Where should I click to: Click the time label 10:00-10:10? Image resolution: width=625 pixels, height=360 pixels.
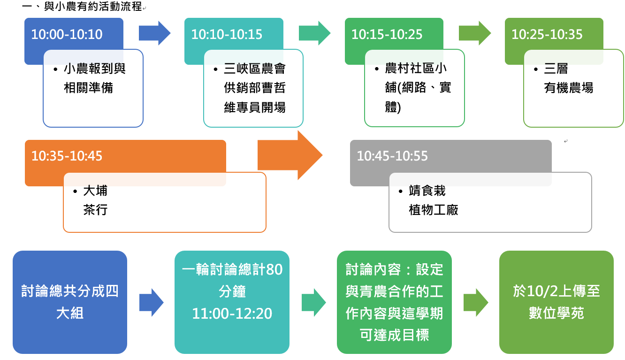click(x=67, y=34)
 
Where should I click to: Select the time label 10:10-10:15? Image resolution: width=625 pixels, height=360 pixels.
click(x=227, y=34)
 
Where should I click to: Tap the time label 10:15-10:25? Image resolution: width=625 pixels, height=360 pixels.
click(x=387, y=34)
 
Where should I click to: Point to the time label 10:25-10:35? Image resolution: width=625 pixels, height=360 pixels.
click(x=547, y=34)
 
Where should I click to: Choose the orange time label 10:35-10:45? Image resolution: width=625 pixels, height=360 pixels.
click(x=67, y=156)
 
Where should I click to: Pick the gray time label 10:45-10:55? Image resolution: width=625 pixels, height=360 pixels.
click(x=392, y=156)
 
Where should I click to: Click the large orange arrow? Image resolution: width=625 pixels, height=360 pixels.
click(x=290, y=155)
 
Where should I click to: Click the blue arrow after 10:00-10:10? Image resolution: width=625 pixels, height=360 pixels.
click(x=154, y=33)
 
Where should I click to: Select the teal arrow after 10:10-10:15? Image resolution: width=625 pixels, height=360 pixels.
click(x=315, y=33)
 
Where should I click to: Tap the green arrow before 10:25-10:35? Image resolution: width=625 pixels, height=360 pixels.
click(x=475, y=33)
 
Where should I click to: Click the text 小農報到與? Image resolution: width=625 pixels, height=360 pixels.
click(x=95, y=69)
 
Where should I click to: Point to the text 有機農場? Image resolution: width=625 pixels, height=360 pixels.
click(x=569, y=88)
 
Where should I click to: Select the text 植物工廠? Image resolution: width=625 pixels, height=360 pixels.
click(x=434, y=210)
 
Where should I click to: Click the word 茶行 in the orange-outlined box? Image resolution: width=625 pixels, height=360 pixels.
click(x=95, y=210)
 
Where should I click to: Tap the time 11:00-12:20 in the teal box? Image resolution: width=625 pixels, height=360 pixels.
click(x=232, y=314)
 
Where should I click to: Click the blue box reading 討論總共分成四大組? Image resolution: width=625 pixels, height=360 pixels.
click(x=70, y=302)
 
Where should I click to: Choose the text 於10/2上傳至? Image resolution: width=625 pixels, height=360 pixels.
click(x=556, y=291)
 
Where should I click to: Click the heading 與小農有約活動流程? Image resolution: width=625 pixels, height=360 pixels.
click(x=93, y=7)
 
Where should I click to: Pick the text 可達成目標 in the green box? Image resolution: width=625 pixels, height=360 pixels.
click(x=394, y=335)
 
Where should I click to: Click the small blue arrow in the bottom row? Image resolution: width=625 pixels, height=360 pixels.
click(x=151, y=303)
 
